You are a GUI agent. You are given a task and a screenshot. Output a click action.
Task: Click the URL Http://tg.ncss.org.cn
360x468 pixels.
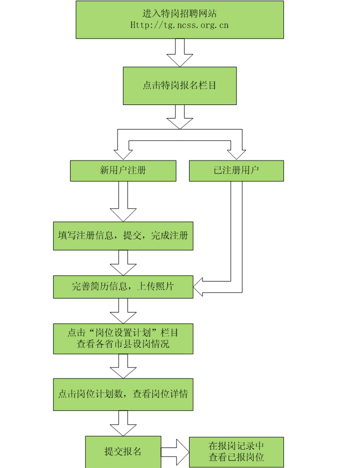(179, 24)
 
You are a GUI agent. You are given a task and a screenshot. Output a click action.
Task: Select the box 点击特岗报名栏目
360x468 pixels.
(179, 85)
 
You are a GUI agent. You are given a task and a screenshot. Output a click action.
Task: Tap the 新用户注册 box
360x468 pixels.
(123, 170)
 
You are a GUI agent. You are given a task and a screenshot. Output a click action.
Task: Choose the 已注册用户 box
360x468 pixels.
(236, 170)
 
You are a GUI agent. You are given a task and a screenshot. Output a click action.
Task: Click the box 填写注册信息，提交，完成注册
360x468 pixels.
(123, 235)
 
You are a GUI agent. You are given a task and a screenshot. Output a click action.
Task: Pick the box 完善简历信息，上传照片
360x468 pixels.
(123, 287)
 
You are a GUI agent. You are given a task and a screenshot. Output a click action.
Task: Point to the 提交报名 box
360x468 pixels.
(123, 451)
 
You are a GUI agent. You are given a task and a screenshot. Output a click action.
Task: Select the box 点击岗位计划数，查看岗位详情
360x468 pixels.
(123, 393)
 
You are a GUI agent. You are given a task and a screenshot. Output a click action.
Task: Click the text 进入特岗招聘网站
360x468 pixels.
(179, 13)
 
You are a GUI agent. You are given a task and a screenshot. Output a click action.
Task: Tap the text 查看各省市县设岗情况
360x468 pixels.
(123, 344)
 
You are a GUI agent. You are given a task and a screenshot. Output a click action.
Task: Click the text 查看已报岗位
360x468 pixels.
(236, 457)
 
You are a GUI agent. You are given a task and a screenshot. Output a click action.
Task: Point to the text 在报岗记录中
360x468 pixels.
(236, 446)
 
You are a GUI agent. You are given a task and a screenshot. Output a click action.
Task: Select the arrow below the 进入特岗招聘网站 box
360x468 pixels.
(179, 52)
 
